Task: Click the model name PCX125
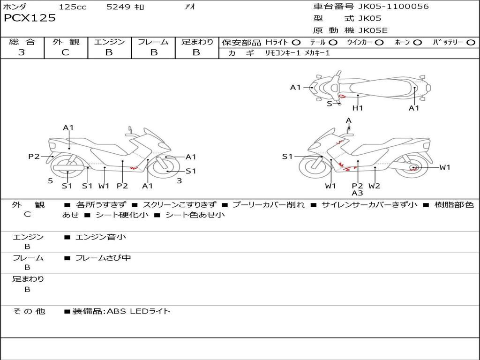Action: pos(30,18)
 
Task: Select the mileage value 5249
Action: pos(119,7)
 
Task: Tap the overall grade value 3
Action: pos(22,52)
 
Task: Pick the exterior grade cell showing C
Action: pos(66,52)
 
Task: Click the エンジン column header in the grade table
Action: pos(109,42)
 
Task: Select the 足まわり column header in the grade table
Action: pos(197,42)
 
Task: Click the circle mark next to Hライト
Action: pos(296,43)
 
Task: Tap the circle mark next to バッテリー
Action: pos(471,43)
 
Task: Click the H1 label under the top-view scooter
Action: pos(358,108)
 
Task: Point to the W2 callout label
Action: pos(374,186)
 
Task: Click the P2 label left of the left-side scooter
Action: pos(34,157)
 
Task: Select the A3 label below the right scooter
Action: pos(357,193)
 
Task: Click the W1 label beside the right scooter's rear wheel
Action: pos(444,167)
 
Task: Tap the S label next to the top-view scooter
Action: pos(330,104)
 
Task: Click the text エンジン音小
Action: pos(101,237)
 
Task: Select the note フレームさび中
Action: pos(103,258)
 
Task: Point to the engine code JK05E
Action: pos(373,30)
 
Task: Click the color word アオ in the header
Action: pos(190,7)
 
